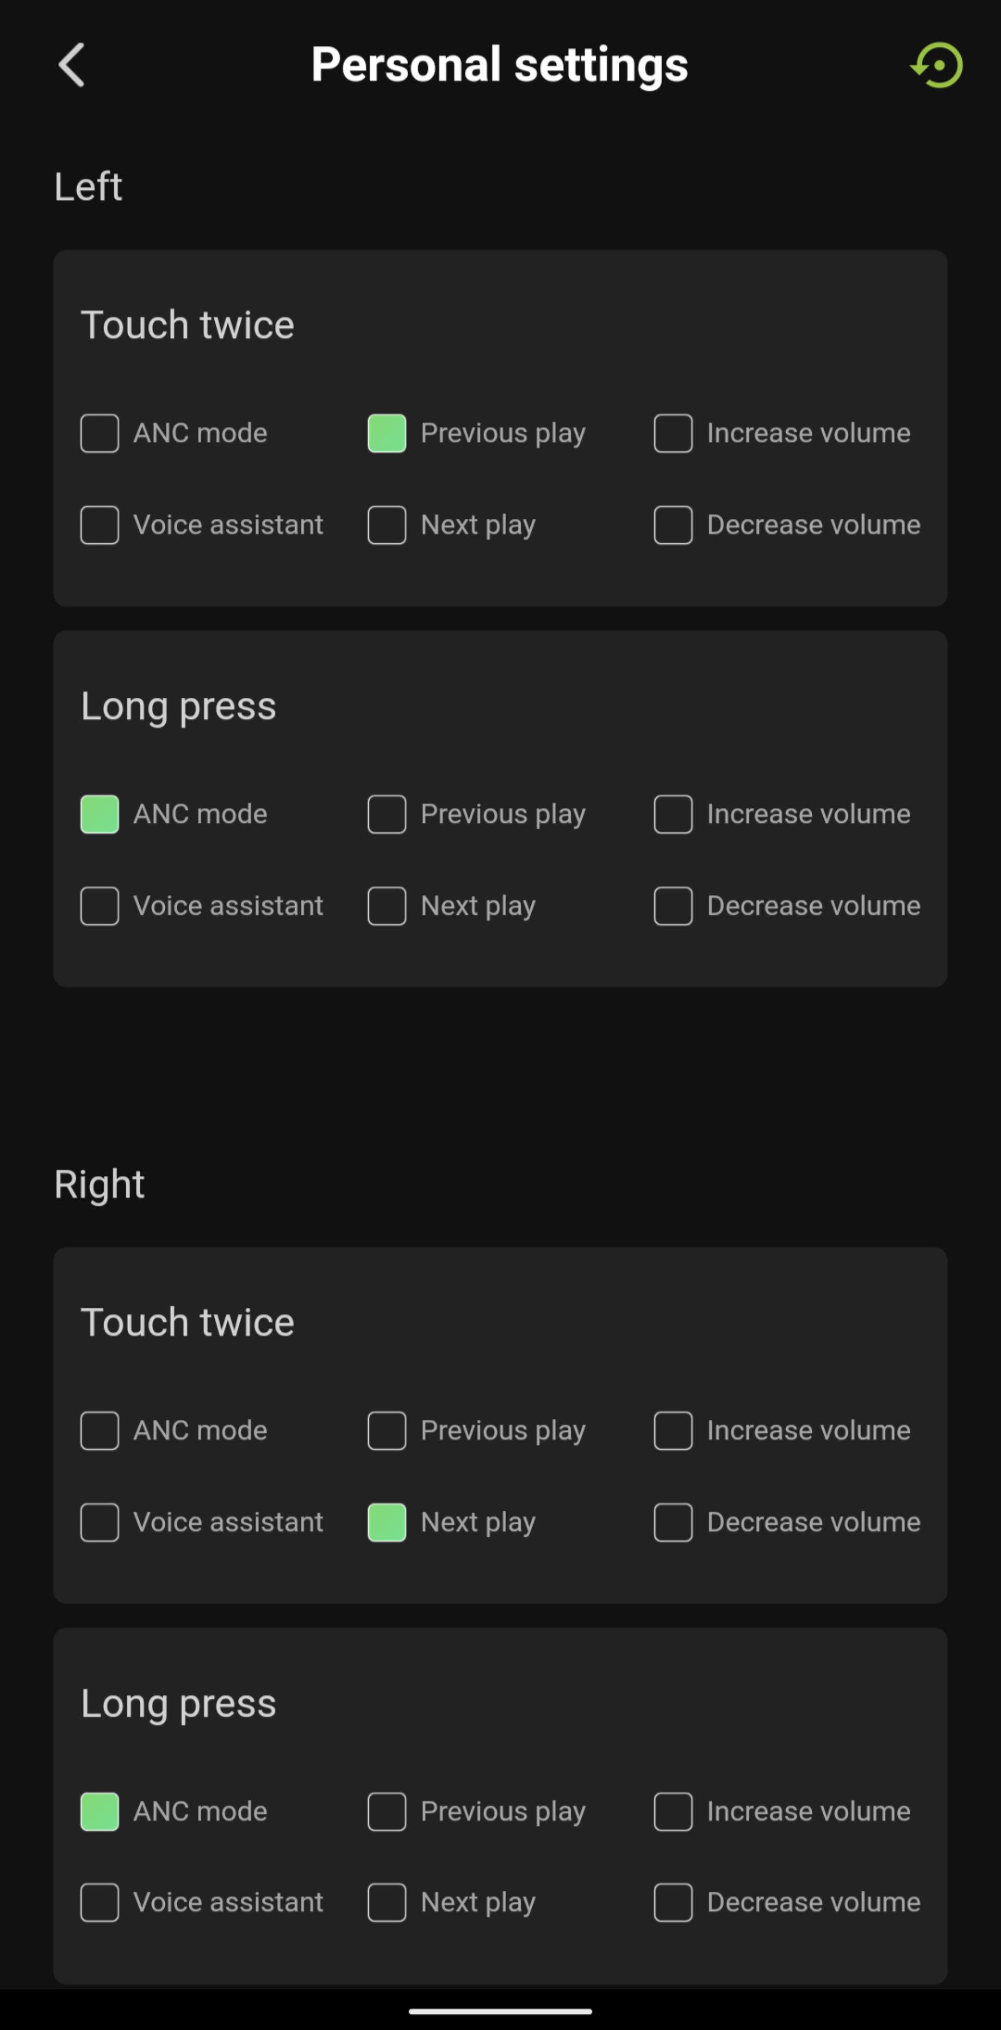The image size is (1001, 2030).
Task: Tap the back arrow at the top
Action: click(71, 65)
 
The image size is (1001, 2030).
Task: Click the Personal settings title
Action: click(499, 65)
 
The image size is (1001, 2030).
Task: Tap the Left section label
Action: click(88, 187)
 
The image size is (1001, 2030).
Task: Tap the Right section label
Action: click(99, 1184)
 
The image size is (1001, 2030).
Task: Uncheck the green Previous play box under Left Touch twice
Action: click(387, 433)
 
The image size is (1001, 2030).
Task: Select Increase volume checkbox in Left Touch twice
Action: click(673, 433)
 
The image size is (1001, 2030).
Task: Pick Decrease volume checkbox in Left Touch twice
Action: click(673, 525)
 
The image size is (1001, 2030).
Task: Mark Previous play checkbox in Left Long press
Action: click(387, 814)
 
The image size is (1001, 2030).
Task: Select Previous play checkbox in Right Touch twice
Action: click(387, 1431)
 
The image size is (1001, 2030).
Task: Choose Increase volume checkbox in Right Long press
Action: click(673, 1812)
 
